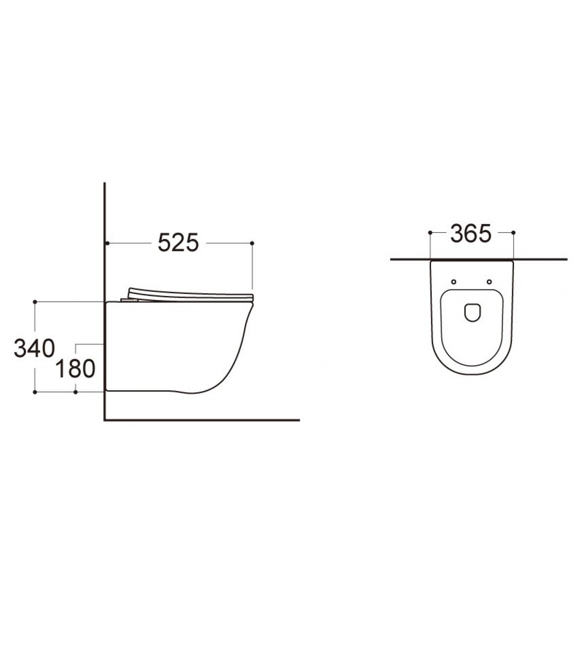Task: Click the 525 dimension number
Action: pyautogui.click(x=178, y=243)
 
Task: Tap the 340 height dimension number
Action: pyautogui.click(x=34, y=349)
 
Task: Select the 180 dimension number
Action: pyautogui.click(x=75, y=369)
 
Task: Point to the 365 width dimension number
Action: pyautogui.click(x=471, y=233)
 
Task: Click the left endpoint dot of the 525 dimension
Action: pyautogui.click(x=108, y=243)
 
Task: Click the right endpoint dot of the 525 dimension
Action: pyautogui.click(x=252, y=243)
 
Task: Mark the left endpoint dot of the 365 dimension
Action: pyautogui.click(x=430, y=233)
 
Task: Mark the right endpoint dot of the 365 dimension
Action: pyautogui.click(x=514, y=233)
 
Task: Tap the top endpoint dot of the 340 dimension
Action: pyautogui.click(x=35, y=301)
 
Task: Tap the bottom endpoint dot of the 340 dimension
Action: pyautogui.click(x=35, y=392)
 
